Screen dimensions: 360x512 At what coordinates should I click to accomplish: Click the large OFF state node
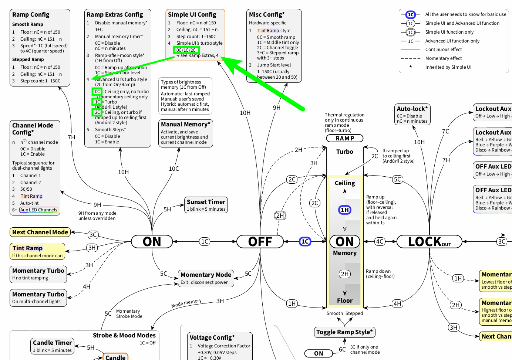click(260, 242)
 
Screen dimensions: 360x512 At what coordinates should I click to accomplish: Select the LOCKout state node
click(429, 242)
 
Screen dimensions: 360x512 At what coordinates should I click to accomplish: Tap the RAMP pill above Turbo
click(345, 138)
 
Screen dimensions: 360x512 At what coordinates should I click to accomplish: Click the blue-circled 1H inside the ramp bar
click(345, 210)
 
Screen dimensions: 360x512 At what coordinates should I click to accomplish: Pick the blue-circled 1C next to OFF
click(305, 242)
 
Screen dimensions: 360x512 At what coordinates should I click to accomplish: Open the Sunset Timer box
click(206, 205)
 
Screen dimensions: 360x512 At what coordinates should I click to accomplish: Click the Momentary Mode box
click(206, 278)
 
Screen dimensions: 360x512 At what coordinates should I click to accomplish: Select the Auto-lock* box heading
click(412, 109)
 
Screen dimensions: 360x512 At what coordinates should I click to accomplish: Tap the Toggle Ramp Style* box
click(345, 332)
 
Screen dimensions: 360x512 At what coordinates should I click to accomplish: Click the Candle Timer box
click(52, 346)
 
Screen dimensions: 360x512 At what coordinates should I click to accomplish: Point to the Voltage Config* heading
click(212, 337)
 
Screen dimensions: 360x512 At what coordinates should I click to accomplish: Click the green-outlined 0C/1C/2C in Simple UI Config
click(186, 50)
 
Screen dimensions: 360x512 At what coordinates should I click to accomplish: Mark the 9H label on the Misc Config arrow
click(277, 108)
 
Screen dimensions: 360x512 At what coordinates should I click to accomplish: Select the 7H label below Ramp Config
click(71, 137)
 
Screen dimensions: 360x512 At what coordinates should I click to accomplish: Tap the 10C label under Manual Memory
click(174, 169)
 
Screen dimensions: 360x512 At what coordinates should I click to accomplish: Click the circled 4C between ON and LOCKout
click(380, 242)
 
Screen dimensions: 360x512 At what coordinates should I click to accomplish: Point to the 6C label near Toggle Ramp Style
click(342, 349)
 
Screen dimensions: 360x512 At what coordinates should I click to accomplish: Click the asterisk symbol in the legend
click(411, 67)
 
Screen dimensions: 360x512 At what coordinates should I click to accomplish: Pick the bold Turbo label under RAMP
click(345, 152)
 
